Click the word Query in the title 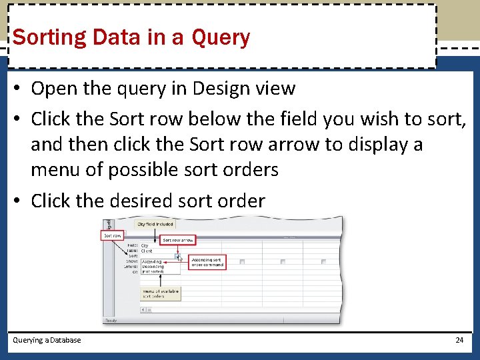click(x=220, y=37)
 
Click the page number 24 click(x=459, y=340)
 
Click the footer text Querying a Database click(x=47, y=340)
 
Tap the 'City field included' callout click(x=155, y=225)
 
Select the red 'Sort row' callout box click(x=112, y=235)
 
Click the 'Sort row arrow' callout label click(x=178, y=240)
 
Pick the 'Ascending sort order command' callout click(x=207, y=263)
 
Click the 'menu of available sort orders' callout click(x=160, y=293)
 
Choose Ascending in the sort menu click(x=151, y=262)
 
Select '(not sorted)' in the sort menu click(x=153, y=272)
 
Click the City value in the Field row click(x=145, y=245)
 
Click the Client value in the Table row click(x=147, y=251)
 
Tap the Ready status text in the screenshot click(x=110, y=321)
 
